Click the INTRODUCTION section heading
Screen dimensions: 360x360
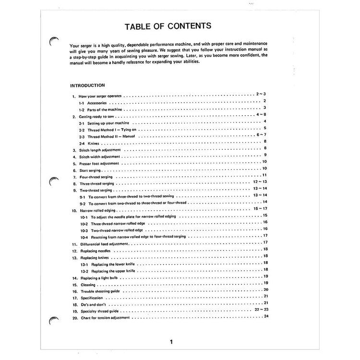[87, 85]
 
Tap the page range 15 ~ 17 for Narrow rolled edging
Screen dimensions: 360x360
[260, 209]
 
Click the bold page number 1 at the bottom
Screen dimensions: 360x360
[171, 342]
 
